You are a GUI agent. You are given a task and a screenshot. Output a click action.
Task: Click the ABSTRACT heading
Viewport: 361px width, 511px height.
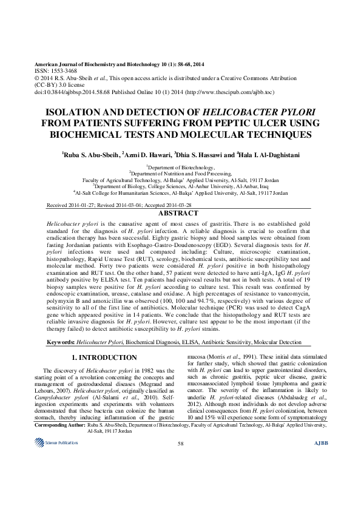coord(180,214)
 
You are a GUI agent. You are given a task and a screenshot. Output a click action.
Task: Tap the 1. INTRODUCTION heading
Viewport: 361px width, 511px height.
coord(104,357)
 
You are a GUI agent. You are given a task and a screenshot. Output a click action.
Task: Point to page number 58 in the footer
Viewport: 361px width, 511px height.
coord(180,478)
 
